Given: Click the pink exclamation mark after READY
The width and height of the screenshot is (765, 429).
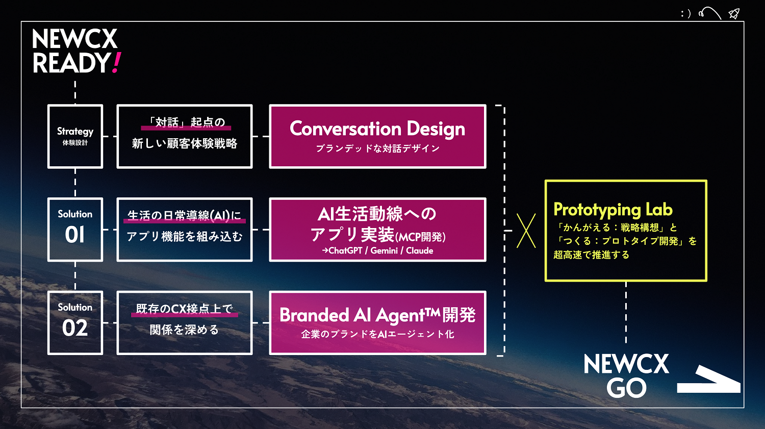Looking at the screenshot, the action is (116, 63).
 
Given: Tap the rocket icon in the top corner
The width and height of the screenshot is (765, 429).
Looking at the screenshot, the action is (734, 14).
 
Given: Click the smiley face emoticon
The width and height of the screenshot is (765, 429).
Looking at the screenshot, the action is (685, 14).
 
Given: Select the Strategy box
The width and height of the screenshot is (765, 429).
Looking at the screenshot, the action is (75, 136).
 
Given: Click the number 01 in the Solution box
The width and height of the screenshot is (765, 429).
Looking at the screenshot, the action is (74, 235).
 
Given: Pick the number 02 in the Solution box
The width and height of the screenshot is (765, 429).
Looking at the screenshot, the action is (75, 328).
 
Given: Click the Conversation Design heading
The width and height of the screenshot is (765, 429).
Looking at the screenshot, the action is (377, 129).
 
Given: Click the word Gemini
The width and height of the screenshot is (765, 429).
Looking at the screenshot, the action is (384, 250).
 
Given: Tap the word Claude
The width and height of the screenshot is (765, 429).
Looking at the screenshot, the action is (419, 250).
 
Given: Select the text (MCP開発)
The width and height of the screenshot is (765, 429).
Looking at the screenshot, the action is (420, 237).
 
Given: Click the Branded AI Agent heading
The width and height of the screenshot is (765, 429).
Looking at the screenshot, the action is (377, 315).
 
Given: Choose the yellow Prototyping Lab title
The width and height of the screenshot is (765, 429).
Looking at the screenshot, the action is (613, 210).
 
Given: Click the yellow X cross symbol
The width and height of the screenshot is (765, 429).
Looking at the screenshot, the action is (526, 231).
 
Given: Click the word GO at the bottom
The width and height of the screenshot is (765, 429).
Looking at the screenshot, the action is (626, 388).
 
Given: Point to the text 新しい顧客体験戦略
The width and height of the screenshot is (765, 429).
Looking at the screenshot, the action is (185, 143).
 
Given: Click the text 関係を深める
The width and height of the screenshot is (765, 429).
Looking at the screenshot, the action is (185, 330).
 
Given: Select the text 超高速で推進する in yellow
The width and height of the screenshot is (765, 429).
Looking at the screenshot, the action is (591, 255).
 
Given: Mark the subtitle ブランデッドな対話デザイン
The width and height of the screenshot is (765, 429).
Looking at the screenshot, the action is (377, 148).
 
